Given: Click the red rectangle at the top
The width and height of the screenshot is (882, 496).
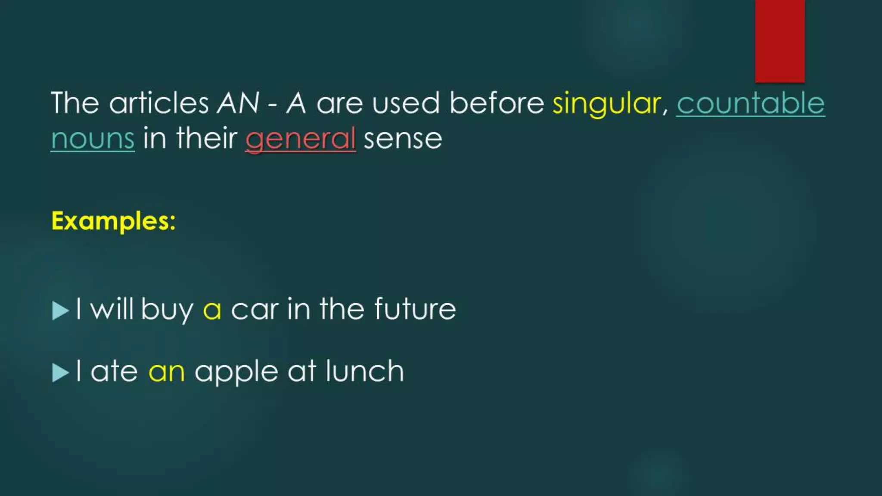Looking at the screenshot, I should point(780,41).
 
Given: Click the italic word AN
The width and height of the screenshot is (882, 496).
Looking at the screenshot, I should point(238,103).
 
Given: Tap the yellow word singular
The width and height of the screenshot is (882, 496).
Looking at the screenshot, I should point(607,103).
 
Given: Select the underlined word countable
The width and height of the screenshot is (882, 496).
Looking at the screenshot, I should point(750,103).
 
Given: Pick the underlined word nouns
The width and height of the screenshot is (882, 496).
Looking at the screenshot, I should point(93,139).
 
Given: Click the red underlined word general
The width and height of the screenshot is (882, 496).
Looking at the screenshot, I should point(300,139).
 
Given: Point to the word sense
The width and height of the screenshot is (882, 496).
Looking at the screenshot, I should point(403,139).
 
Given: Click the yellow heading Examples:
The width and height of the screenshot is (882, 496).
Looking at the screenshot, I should point(113,221).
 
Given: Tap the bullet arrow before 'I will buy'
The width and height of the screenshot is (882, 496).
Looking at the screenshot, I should point(60,310).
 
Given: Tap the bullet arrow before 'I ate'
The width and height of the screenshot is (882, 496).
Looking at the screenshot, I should point(60,372).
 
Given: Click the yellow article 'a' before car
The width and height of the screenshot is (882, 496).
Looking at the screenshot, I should point(212,310).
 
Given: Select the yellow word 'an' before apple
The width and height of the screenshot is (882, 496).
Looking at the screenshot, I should point(167,372).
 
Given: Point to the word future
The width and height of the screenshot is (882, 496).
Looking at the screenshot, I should point(415,309).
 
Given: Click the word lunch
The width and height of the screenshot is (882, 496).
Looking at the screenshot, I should point(365,371).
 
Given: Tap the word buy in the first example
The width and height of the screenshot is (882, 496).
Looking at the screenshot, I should point(167,310).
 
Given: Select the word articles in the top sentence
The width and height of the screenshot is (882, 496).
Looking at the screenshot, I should point(159,103).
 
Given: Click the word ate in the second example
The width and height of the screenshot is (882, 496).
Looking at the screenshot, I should point(114,372).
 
